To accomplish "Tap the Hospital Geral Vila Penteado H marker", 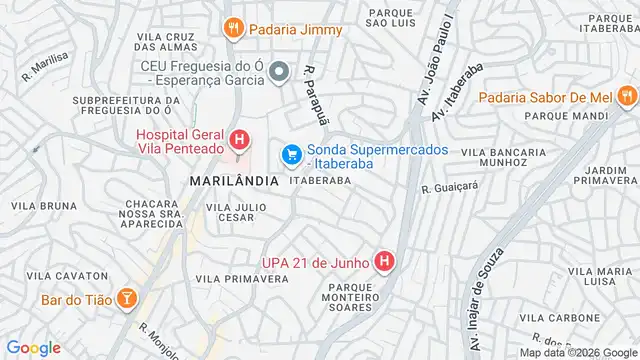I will click(239, 139).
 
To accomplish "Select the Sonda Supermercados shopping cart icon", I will click(292, 155).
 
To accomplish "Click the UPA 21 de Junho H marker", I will click(386, 262).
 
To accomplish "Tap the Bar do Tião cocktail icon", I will click(128, 298).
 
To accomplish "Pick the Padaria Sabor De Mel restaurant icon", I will click(626, 97).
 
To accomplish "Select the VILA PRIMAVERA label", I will click(242, 279).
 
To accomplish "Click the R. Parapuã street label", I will click(315, 87).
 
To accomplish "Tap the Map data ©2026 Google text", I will click(578, 352).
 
